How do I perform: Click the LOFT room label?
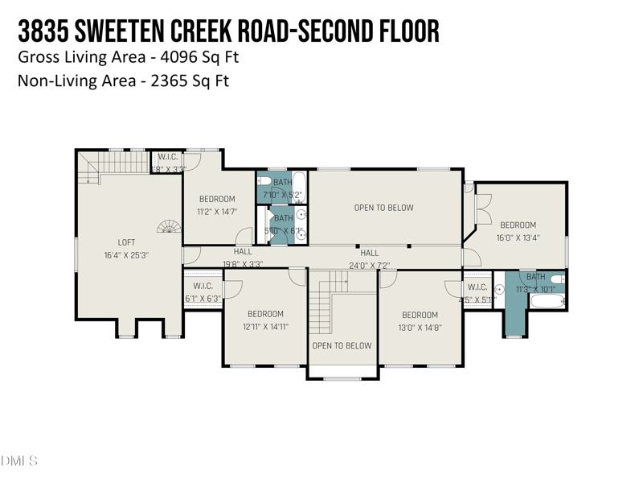pyautogui.click(x=126, y=242)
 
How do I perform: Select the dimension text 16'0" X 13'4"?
pyautogui.click(x=518, y=237)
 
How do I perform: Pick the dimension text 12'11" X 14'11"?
pyautogui.click(x=265, y=327)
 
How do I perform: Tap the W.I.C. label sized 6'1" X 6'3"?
pyautogui.click(x=203, y=286)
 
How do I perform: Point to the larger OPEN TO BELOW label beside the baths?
pyautogui.click(x=383, y=208)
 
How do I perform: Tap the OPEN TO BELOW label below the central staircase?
pyautogui.click(x=342, y=345)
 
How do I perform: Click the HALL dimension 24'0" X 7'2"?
pyautogui.click(x=369, y=265)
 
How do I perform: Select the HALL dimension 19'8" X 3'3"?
pyautogui.click(x=243, y=263)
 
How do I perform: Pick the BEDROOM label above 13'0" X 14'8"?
pyautogui.click(x=420, y=315)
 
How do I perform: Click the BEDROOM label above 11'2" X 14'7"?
pyautogui.click(x=217, y=199)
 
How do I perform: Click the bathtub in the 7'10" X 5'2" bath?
pyautogui.click(x=299, y=187)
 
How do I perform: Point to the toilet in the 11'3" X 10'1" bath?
pyautogui.click(x=557, y=279)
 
